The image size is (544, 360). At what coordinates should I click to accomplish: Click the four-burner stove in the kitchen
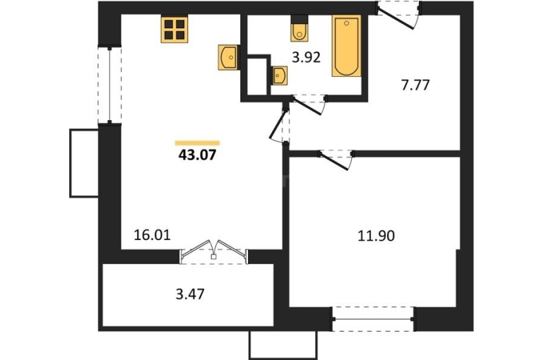(175, 29)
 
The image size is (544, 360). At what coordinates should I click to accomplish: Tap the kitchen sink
(228, 57)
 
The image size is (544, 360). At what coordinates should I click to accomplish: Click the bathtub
(346, 45)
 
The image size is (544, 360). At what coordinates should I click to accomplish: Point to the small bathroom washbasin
(280, 76)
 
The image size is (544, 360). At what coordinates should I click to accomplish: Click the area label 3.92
(306, 57)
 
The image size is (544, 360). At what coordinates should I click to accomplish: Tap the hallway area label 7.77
(415, 85)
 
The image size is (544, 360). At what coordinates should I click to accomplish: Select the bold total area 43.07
(197, 155)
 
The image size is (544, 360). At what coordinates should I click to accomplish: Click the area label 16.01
(152, 235)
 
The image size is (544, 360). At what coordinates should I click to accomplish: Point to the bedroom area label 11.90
(376, 236)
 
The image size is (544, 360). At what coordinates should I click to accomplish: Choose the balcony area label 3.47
(190, 294)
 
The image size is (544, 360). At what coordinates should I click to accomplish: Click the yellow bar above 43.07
(197, 143)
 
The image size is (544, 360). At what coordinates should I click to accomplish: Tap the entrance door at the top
(398, 15)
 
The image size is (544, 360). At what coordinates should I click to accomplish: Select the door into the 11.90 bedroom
(336, 159)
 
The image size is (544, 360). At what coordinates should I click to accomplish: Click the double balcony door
(213, 252)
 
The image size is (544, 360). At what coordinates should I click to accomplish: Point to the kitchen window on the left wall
(110, 85)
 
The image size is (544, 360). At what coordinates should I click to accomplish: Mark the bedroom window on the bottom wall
(373, 319)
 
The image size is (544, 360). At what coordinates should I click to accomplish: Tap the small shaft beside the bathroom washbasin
(256, 76)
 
